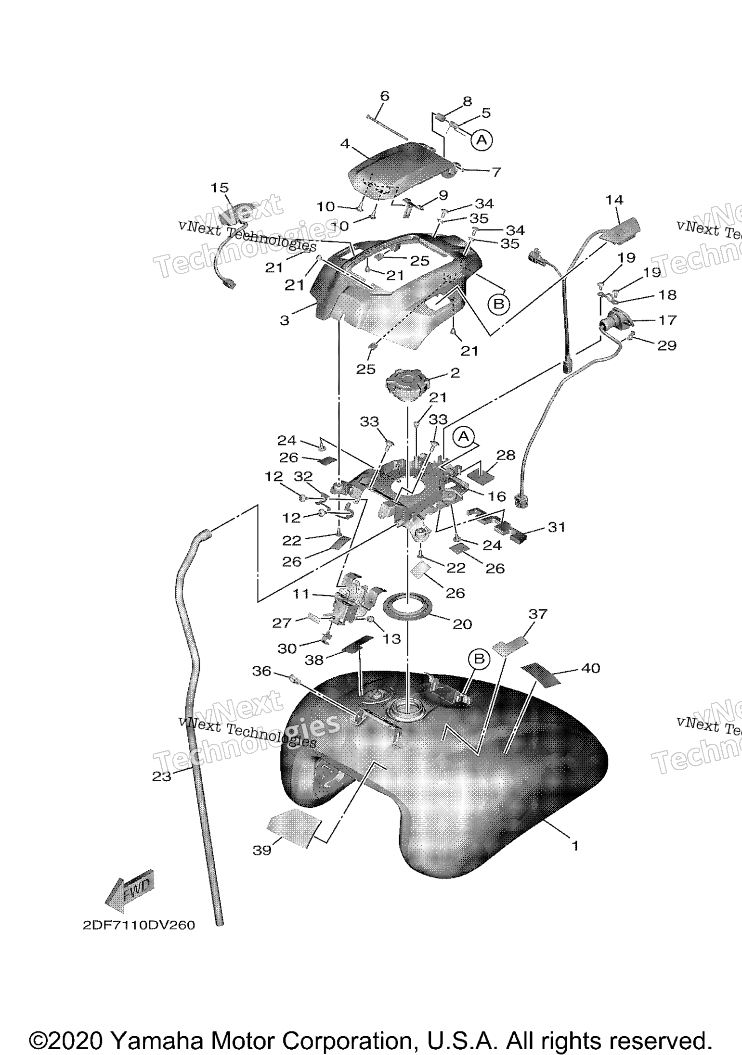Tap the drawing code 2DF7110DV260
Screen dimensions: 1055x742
pyautogui.click(x=139, y=926)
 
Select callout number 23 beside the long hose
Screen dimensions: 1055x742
pyautogui.click(x=162, y=776)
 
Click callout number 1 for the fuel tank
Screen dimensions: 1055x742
pyautogui.click(x=574, y=845)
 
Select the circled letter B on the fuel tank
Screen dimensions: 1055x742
pyautogui.click(x=479, y=659)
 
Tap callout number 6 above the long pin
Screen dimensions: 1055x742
pyautogui.click(x=384, y=96)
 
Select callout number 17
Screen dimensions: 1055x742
pyautogui.click(x=667, y=319)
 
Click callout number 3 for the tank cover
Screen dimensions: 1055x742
pyautogui.click(x=285, y=320)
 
